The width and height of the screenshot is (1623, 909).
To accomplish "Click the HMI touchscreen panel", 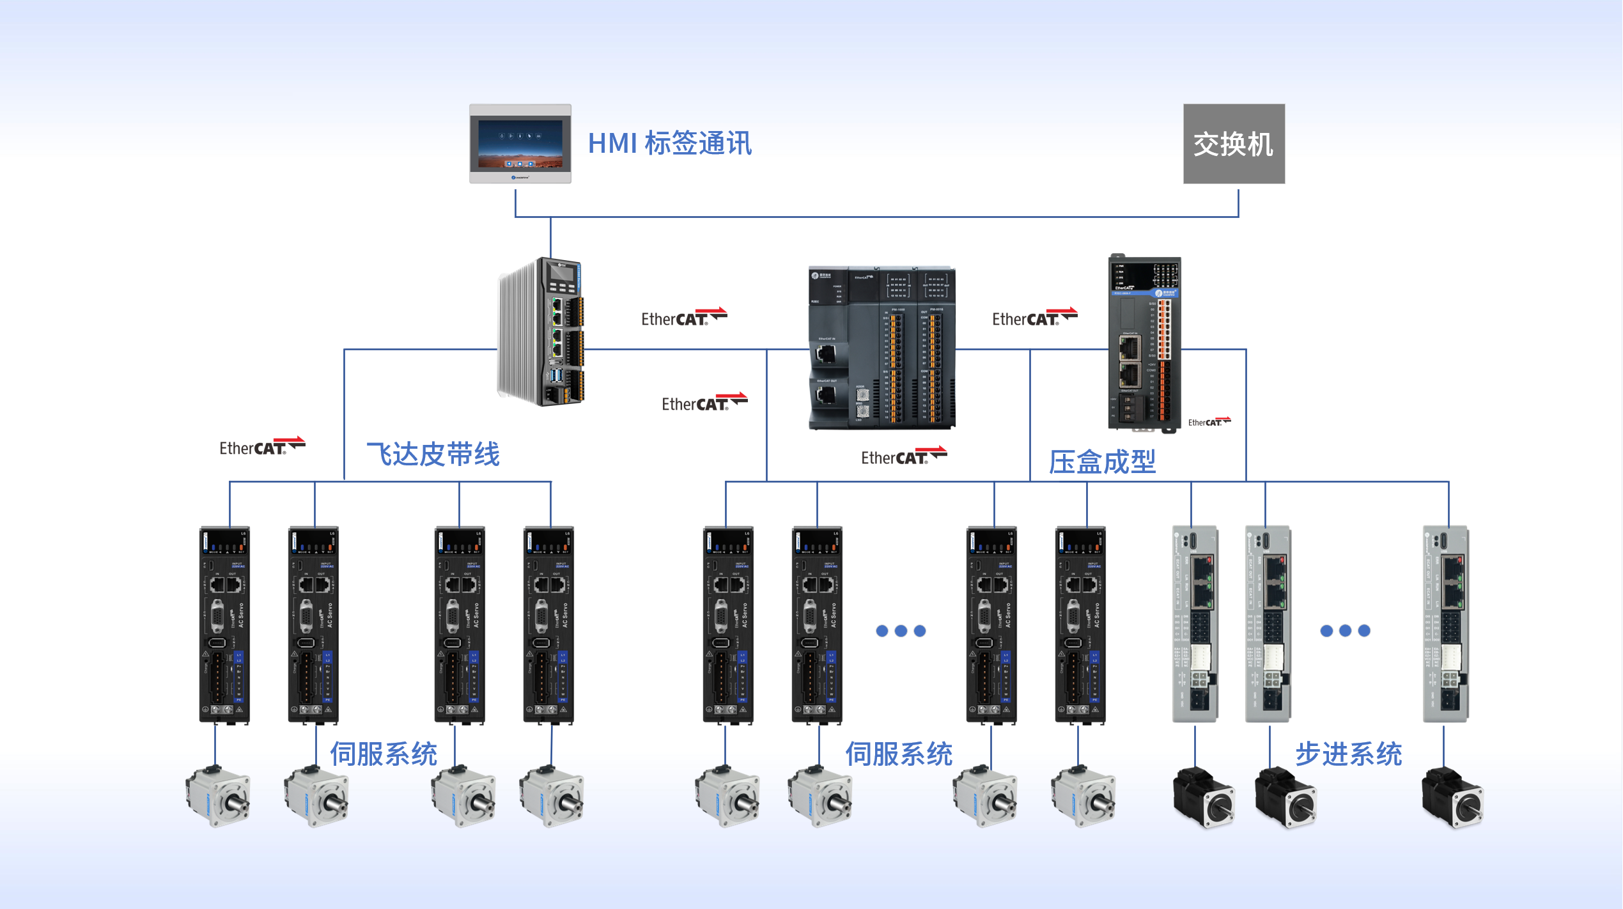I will [520, 144].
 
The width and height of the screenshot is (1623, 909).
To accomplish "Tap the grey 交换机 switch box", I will [1233, 144].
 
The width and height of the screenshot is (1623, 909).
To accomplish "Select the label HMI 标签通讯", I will [669, 143].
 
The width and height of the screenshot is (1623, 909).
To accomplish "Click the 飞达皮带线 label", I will [433, 454].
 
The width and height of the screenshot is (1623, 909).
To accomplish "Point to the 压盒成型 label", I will [1102, 462].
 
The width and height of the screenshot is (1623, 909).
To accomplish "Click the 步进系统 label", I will [1349, 754].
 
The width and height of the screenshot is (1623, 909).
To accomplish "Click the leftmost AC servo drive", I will [224, 625].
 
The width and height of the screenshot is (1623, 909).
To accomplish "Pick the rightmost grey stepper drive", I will [1446, 624].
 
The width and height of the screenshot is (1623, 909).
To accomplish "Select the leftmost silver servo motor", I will [218, 796].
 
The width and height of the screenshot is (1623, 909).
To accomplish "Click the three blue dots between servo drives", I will [901, 631].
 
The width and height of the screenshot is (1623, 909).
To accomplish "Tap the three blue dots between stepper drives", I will [1345, 631].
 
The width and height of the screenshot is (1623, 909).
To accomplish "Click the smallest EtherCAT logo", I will [1209, 422].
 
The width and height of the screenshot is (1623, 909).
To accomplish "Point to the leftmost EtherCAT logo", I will [261, 447].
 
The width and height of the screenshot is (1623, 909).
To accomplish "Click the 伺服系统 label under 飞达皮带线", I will [384, 754].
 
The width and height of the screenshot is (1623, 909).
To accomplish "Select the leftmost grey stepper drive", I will [1195, 624].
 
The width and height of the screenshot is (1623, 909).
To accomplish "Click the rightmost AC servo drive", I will [1080, 625].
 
